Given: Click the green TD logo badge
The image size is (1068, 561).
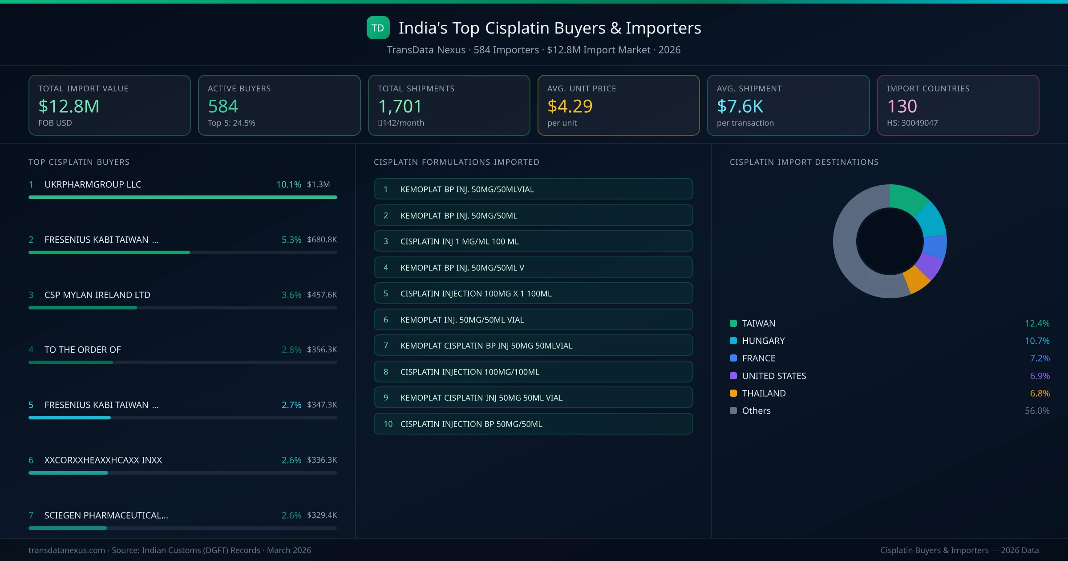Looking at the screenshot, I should pyautogui.click(x=378, y=28).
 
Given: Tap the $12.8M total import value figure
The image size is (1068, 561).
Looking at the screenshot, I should pyautogui.click(x=69, y=106).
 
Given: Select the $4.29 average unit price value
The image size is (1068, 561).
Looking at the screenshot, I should pyautogui.click(x=570, y=106).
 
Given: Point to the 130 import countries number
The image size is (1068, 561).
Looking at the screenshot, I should pyautogui.click(x=902, y=106).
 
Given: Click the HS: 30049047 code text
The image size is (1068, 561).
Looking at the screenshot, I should pyautogui.click(x=912, y=123).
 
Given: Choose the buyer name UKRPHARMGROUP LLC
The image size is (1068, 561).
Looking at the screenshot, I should pyautogui.click(x=93, y=184).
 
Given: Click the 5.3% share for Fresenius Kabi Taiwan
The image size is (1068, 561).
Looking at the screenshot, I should pyautogui.click(x=291, y=240).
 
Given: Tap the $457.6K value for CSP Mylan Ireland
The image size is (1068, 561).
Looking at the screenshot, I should pyautogui.click(x=322, y=295).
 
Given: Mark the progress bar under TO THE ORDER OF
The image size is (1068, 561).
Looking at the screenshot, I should pyautogui.click(x=71, y=362).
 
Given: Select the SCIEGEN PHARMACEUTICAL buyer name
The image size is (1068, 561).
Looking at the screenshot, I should pyautogui.click(x=106, y=515).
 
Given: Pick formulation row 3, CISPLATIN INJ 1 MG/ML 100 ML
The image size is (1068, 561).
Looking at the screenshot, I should pyautogui.click(x=533, y=241).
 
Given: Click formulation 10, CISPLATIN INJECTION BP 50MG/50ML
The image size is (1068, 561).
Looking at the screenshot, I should pyautogui.click(x=533, y=424).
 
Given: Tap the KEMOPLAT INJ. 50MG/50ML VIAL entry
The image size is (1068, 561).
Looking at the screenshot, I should pyautogui.click(x=533, y=320).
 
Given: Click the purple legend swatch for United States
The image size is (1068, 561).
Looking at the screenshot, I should pyautogui.click(x=733, y=376).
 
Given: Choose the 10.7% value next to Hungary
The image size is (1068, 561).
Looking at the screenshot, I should pyautogui.click(x=1037, y=341).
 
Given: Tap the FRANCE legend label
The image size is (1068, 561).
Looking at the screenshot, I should pyautogui.click(x=758, y=358).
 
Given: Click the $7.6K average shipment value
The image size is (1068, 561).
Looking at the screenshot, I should pyautogui.click(x=740, y=106).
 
